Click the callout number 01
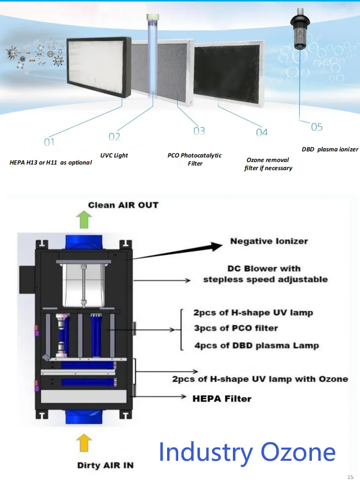(x=49, y=142)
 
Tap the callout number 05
(x=316, y=127)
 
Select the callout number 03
(x=199, y=131)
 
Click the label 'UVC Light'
(x=114, y=155)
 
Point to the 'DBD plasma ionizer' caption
(x=330, y=149)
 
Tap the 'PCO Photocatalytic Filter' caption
(x=194, y=159)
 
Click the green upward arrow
(x=84, y=221)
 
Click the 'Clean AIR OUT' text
(x=123, y=205)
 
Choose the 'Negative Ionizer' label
(x=269, y=241)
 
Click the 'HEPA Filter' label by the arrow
(x=222, y=398)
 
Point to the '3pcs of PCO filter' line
(x=235, y=328)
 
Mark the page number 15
(x=350, y=476)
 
